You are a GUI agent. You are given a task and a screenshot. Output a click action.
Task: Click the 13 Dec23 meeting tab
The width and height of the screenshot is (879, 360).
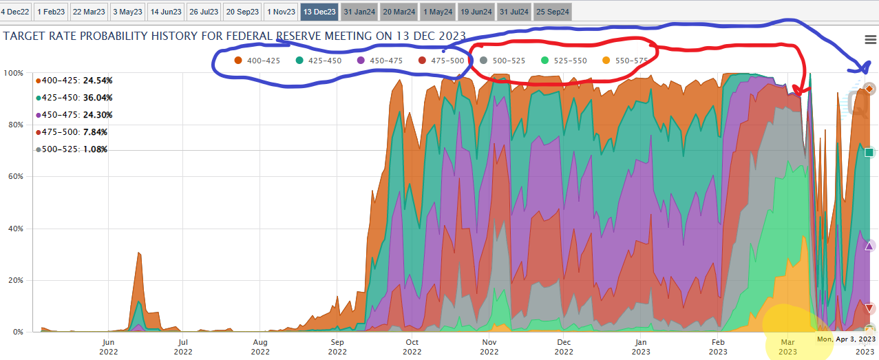click(x=319, y=12)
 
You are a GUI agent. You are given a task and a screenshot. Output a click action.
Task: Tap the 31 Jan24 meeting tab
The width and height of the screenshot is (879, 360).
click(x=359, y=12)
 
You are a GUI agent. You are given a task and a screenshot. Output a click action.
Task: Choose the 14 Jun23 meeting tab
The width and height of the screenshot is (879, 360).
click(x=165, y=12)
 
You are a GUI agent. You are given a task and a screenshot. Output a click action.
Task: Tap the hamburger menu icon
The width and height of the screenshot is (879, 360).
click(x=870, y=39)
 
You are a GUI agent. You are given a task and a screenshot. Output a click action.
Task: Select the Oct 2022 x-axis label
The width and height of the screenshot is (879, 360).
click(x=412, y=347)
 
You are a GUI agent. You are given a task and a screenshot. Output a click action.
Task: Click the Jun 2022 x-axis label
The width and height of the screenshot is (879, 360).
click(x=108, y=347)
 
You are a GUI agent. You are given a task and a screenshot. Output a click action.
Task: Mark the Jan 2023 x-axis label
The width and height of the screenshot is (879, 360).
click(x=641, y=347)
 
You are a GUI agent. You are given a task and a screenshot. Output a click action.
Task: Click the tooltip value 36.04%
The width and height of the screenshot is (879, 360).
click(x=98, y=98)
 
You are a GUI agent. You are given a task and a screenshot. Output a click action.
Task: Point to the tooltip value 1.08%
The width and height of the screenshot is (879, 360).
click(x=95, y=149)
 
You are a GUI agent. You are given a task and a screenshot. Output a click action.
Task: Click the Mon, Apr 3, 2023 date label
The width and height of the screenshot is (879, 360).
click(x=846, y=339)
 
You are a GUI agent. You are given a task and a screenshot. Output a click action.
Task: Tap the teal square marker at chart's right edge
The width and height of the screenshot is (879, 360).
click(x=869, y=152)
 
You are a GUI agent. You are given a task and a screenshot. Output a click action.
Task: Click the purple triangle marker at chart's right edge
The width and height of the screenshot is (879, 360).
click(x=869, y=246)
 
